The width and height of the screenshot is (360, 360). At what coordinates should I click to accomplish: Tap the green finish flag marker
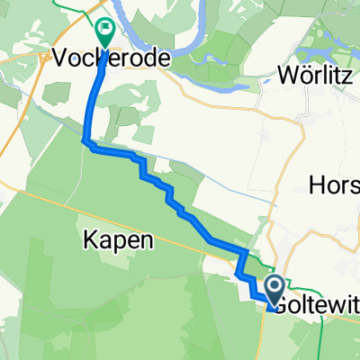[106, 33]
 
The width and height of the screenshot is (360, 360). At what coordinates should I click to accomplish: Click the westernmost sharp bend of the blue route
[85, 139]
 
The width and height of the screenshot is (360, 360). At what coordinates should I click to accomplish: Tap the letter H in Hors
[315, 187]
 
